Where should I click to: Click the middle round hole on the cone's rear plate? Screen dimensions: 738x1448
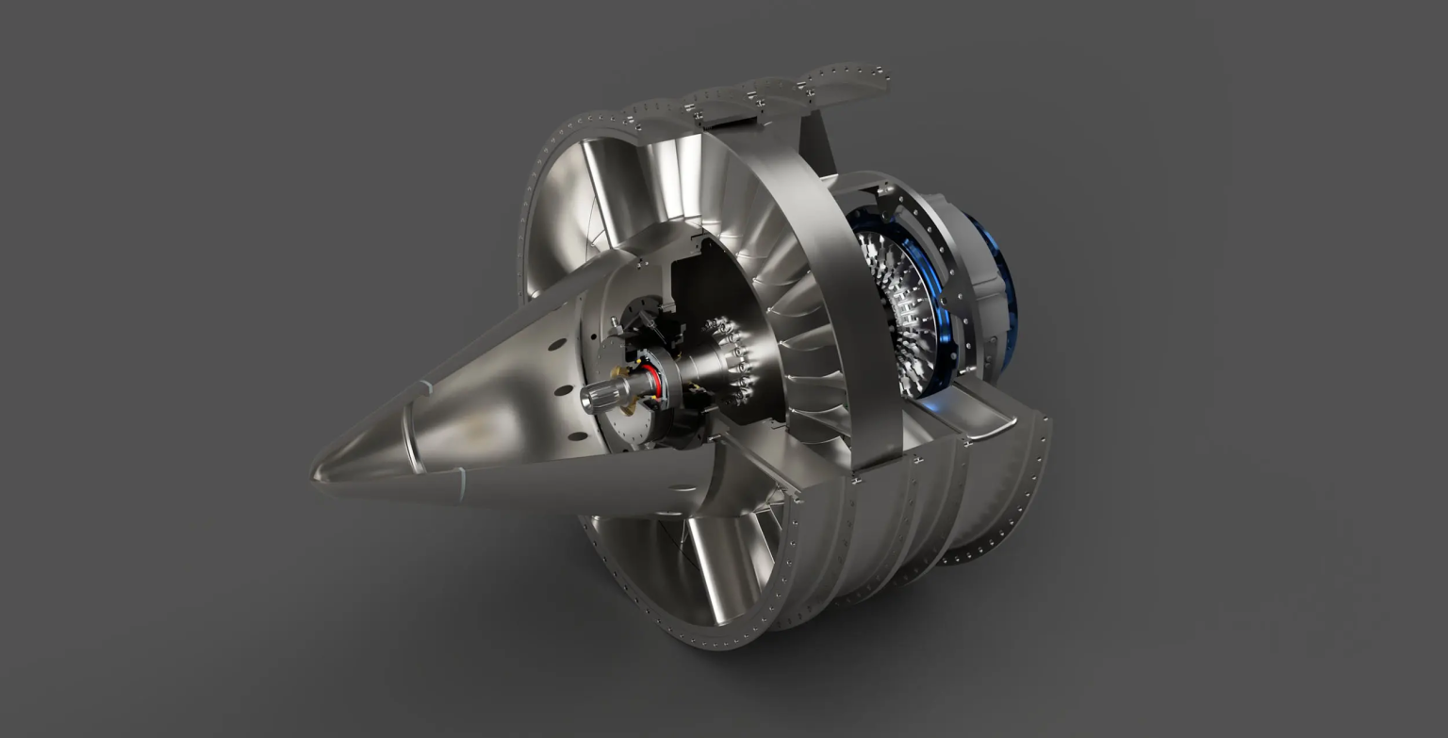pyautogui.click(x=563, y=388)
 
